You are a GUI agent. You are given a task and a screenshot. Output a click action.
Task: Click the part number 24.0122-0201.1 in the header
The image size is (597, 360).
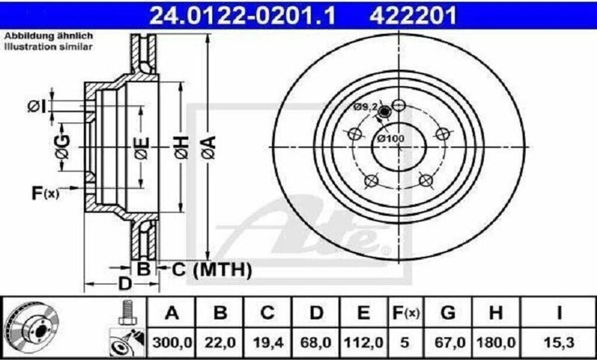(243, 16)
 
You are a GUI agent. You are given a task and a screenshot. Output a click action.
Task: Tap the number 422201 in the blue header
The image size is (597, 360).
(412, 16)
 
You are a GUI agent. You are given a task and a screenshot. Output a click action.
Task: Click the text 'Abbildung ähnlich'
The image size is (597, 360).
(48, 36)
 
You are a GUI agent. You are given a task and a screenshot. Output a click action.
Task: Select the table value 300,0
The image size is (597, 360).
(171, 343)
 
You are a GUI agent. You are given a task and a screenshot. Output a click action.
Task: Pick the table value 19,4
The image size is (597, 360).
(267, 343)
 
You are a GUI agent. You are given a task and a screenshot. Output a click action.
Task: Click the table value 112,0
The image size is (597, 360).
(363, 343)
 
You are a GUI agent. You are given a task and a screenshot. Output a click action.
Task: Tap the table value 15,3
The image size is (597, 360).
(558, 343)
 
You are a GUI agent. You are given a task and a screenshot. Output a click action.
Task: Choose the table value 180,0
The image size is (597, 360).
(496, 343)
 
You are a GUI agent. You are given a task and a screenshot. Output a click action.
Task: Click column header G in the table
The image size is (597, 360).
(448, 313)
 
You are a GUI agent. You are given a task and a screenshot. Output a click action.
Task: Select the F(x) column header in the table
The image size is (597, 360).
(404, 313)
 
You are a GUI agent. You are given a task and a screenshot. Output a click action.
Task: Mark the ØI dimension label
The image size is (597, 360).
(36, 106)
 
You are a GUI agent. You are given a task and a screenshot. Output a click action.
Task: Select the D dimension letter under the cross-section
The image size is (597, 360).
(124, 285)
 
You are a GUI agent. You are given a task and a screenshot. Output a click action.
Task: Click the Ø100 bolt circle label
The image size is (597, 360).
(390, 139)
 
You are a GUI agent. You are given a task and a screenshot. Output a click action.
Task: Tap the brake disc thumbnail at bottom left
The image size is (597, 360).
(34, 329)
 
